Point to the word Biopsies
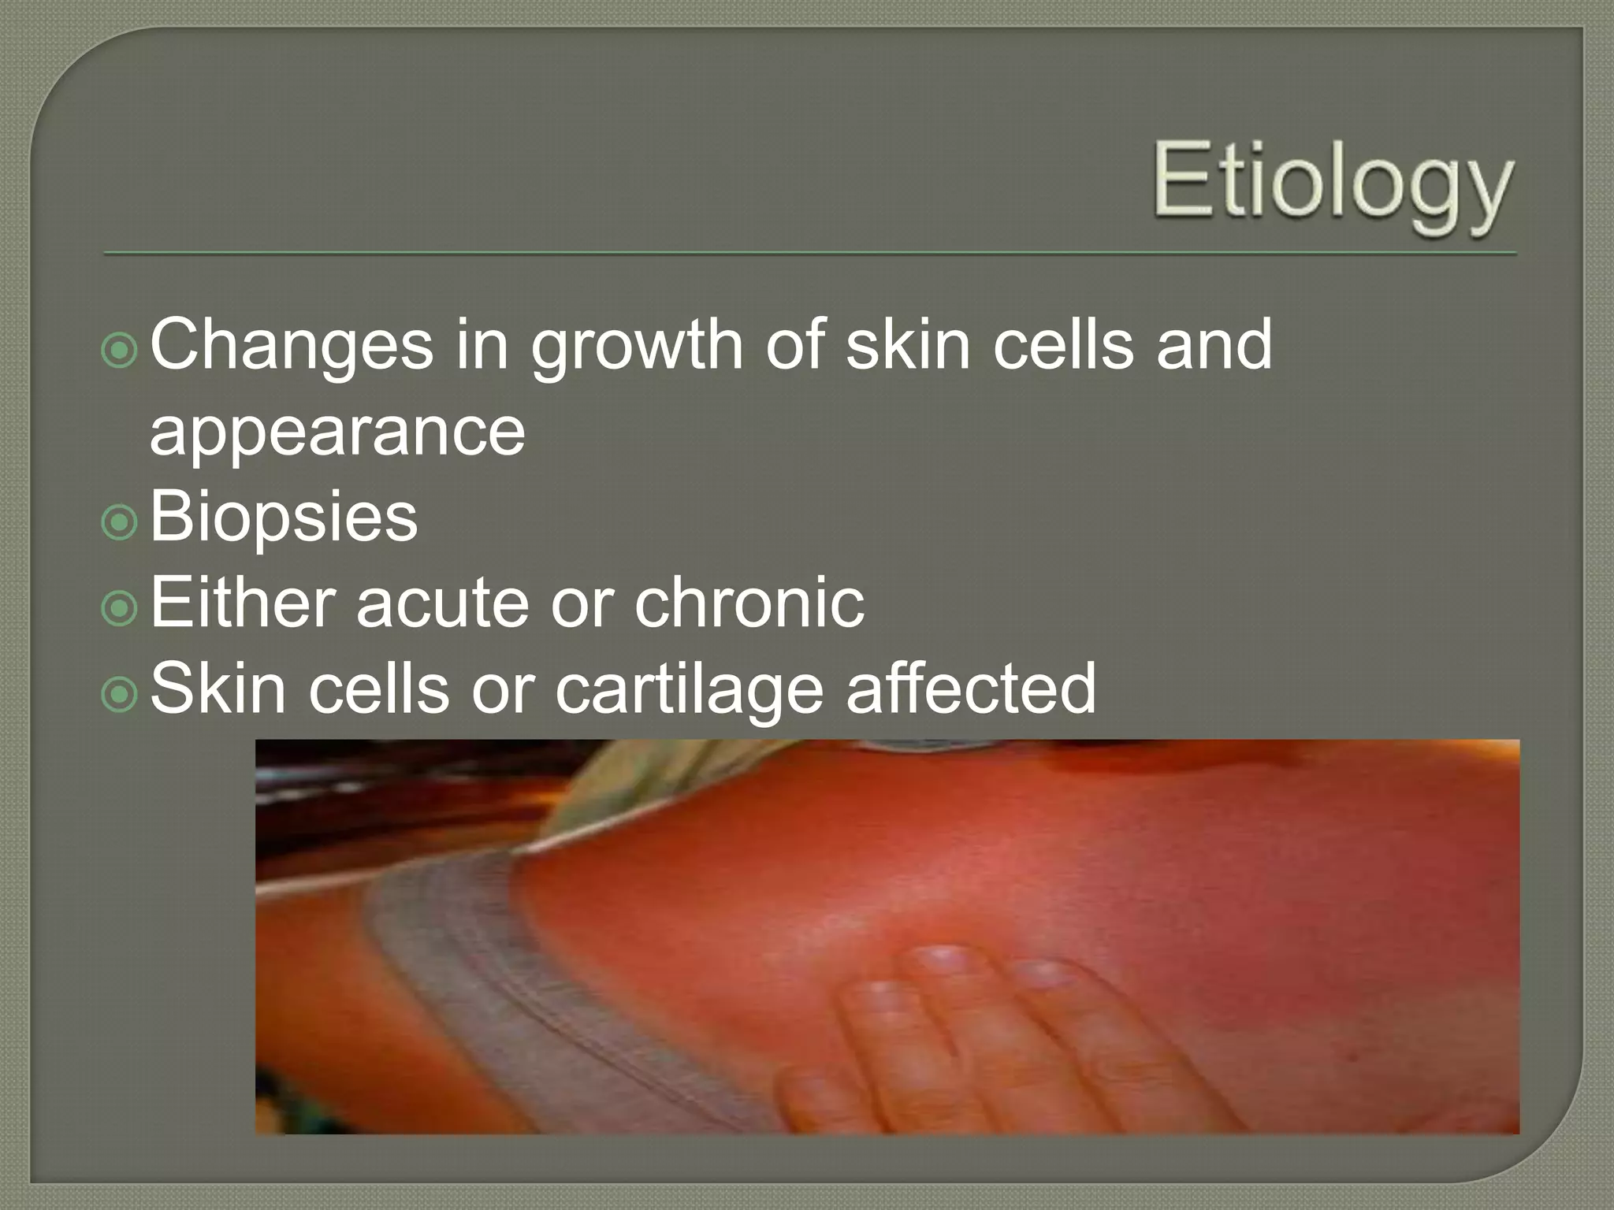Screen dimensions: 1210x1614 (283, 516)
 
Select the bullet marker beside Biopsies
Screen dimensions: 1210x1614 (120, 521)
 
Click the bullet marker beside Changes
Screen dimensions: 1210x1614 (120, 350)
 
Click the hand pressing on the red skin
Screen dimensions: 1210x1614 (985, 1040)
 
